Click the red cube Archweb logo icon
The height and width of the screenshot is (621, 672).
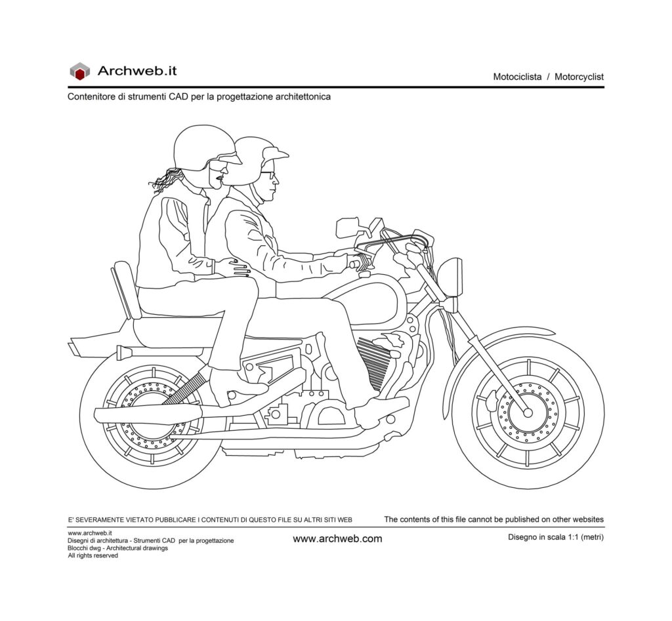(x=79, y=71)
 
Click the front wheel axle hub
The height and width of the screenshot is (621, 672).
(x=527, y=412)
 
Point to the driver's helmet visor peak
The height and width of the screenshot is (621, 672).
(x=276, y=155)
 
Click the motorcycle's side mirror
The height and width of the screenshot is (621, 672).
(x=348, y=227)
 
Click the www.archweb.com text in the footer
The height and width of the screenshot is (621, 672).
(x=337, y=539)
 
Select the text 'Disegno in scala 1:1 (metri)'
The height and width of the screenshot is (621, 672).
(x=555, y=537)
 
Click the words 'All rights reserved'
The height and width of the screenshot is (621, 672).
(x=93, y=555)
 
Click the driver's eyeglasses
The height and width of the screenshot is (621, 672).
(x=270, y=174)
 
